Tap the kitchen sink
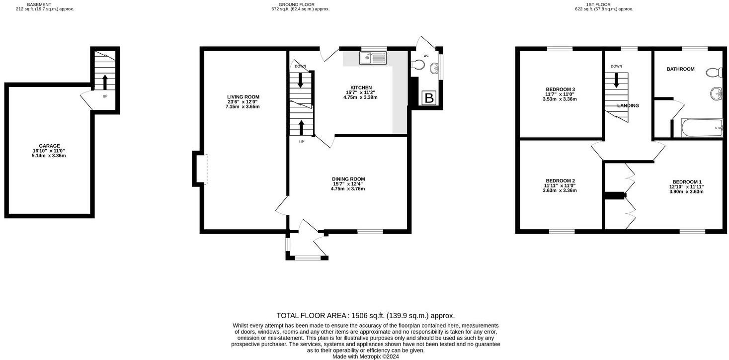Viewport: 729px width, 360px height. click(x=373, y=59)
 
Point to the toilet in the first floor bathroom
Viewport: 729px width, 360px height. click(x=714, y=73)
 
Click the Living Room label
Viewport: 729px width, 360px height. click(x=243, y=97)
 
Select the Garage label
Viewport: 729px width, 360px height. click(x=49, y=146)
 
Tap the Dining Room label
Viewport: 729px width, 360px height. click(x=348, y=179)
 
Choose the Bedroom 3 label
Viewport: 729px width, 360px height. click(x=560, y=90)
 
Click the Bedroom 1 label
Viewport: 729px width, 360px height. click(x=687, y=182)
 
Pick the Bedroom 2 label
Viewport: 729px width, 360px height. click(x=560, y=180)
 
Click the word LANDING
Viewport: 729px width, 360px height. click(x=628, y=106)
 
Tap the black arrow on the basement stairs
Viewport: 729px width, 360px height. click(x=104, y=82)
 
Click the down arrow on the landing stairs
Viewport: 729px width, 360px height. click(x=616, y=80)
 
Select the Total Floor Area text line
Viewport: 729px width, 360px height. click(x=365, y=315)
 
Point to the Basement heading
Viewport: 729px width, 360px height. click(x=39, y=4)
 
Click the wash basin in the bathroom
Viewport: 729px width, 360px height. click(x=716, y=93)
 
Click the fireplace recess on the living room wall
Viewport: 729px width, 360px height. click(x=200, y=169)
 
